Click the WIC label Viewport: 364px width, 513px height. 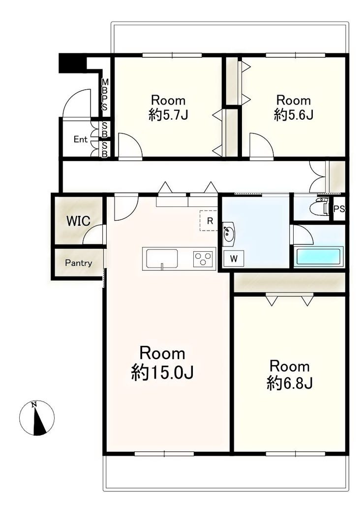pyautogui.click(x=78, y=221)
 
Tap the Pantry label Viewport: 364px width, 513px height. pyautogui.click(x=78, y=263)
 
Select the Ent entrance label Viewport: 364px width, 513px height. pyautogui.click(x=80, y=139)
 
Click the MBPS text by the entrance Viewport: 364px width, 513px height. pyautogui.click(x=105, y=95)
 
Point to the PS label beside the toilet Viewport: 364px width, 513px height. pyautogui.click(x=339, y=209)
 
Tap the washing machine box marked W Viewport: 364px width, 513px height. pyautogui.click(x=234, y=259)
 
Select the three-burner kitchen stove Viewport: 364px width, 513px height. pyautogui.click(x=204, y=259)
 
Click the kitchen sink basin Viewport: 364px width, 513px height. pyautogui.click(x=162, y=259)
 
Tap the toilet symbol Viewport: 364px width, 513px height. pyautogui.click(x=322, y=208)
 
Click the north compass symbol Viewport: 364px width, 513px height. pyautogui.click(x=36, y=418)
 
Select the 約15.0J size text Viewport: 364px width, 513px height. pyautogui.click(x=162, y=373)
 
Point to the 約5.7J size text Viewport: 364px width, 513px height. pyautogui.click(x=168, y=115)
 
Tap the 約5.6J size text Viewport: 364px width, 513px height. pyautogui.click(x=294, y=115)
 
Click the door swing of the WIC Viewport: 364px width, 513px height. pyautogui.click(x=94, y=235)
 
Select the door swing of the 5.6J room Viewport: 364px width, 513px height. pyautogui.click(x=261, y=145)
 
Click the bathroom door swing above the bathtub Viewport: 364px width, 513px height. pyautogui.click(x=303, y=235)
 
